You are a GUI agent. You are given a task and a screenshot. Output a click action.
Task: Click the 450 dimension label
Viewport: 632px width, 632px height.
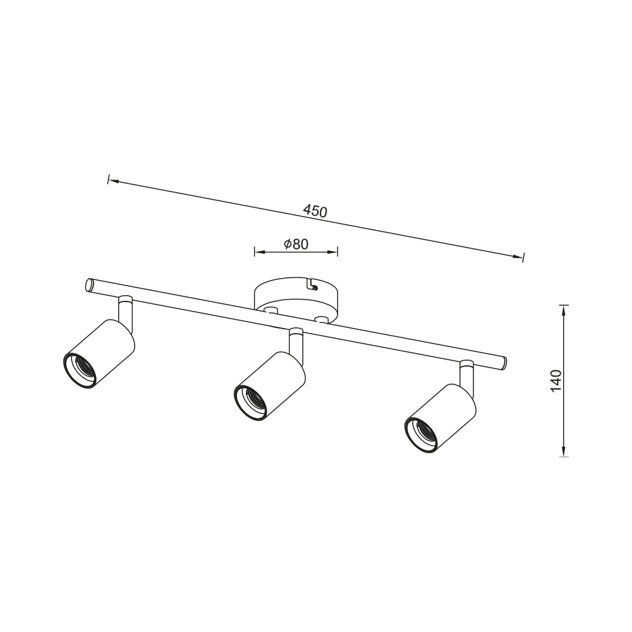[315, 211]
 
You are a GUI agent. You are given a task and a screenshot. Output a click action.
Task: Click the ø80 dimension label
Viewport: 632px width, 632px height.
[296, 244]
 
